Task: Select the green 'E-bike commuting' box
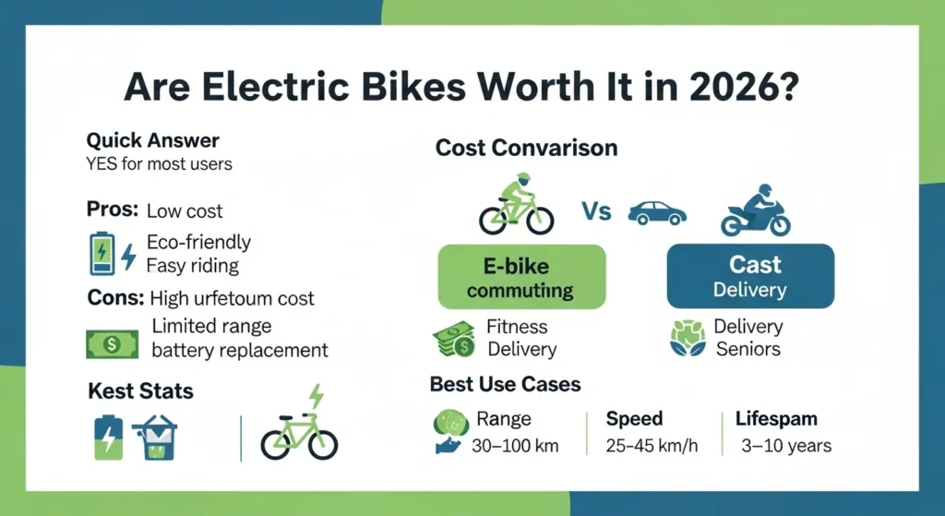pyautogui.click(x=521, y=277)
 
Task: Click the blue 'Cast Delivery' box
pyautogui.click(x=750, y=276)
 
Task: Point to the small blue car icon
pyautogui.click(x=656, y=214)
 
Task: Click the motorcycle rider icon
pyautogui.click(x=756, y=211)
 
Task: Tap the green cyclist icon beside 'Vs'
pyautogui.click(x=517, y=204)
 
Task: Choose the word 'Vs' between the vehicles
pyautogui.click(x=596, y=212)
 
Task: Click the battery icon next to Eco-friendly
pyautogui.click(x=102, y=254)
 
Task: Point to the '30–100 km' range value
pyautogui.click(x=516, y=446)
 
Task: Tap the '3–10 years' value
pyautogui.click(x=786, y=446)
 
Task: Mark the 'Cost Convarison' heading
pyautogui.click(x=526, y=148)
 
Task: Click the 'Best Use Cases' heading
pyautogui.click(x=505, y=383)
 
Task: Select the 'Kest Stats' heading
pyautogui.click(x=140, y=390)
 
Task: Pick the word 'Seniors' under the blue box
pyautogui.click(x=748, y=349)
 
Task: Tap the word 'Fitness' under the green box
pyautogui.click(x=517, y=327)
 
